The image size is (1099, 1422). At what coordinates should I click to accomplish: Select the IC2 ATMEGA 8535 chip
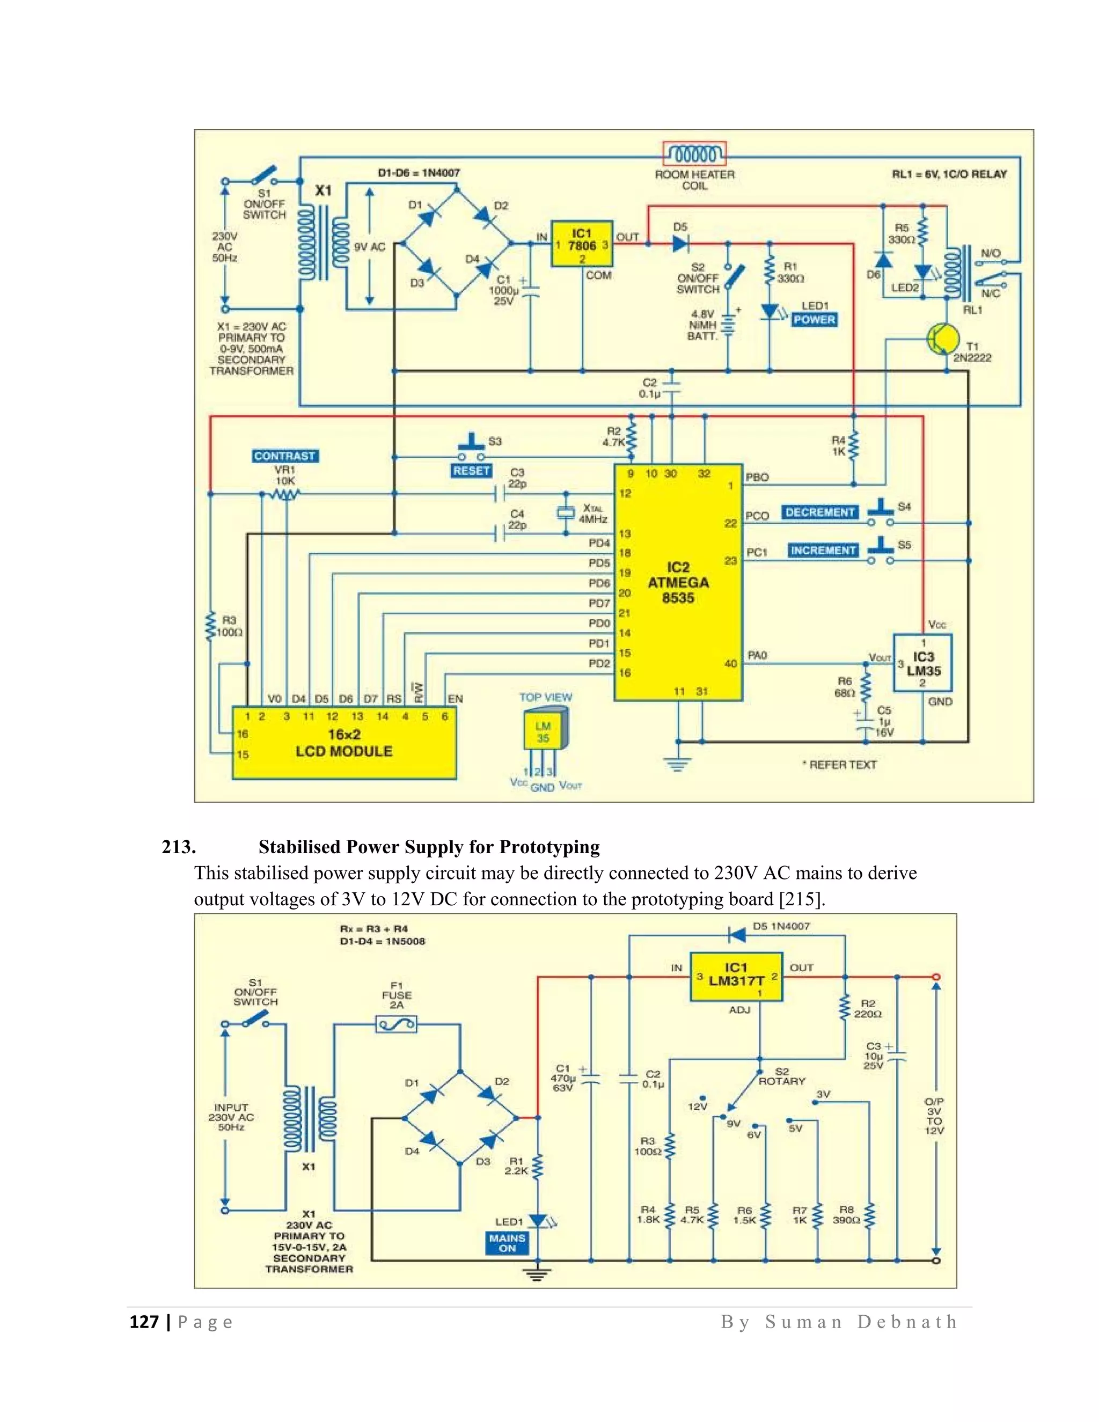tap(678, 582)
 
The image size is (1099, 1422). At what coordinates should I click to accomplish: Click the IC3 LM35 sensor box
tap(922, 663)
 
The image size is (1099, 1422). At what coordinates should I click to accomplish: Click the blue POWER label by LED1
tap(814, 320)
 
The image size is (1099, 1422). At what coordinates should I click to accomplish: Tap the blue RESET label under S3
tap(471, 470)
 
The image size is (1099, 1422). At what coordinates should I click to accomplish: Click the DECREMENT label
tap(820, 512)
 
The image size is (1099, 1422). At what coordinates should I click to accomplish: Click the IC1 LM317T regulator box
tap(736, 977)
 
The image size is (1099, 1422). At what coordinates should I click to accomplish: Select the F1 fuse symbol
tap(397, 1025)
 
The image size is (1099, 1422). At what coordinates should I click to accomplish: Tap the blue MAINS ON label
tap(507, 1243)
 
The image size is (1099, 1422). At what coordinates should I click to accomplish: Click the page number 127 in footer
tap(144, 1322)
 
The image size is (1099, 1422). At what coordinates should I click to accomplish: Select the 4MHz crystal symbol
tap(565, 513)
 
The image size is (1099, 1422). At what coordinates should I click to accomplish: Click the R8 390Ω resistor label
tap(846, 1214)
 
